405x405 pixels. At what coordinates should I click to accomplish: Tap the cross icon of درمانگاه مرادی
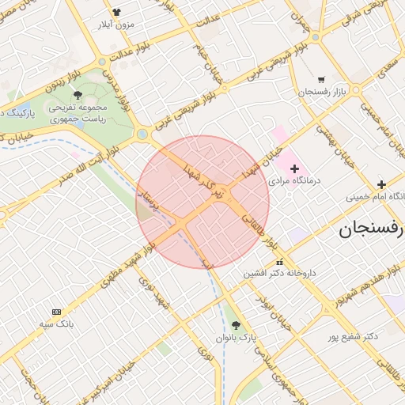(295, 168)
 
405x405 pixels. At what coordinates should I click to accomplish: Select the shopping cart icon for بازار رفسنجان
(321, 79)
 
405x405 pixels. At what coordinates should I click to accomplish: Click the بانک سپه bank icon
(56, 312)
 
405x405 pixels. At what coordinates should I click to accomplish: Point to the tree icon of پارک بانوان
(236, 325)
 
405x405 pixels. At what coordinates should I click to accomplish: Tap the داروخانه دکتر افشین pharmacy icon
(278, 263)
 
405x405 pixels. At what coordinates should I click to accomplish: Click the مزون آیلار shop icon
(116, 12)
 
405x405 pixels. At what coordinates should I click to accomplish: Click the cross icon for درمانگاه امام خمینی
(381, 184)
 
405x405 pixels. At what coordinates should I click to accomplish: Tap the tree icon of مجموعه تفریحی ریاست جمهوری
(77, 95)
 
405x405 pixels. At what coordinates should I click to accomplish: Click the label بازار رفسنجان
(321, 93)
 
